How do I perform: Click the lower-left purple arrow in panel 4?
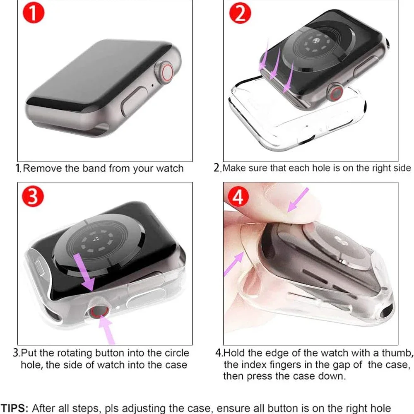pos(233,263)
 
